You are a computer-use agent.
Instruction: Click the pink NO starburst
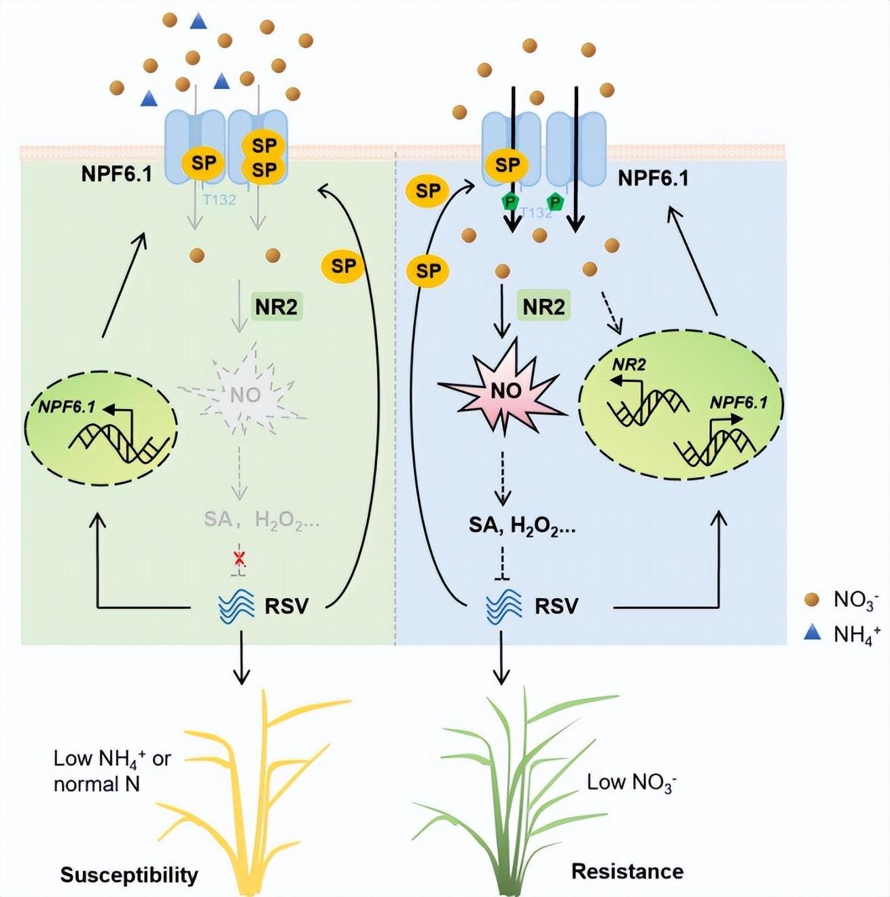point(505,391)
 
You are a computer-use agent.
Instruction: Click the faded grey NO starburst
point(245,394)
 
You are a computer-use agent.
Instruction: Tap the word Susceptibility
point(129,875)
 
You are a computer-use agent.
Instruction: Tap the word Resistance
point(627,871)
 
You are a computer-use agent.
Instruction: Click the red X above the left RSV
point(239,559)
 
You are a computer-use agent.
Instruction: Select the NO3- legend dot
point(811,599)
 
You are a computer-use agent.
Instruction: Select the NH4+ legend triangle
point(812,633)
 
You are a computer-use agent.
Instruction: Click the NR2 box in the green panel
point(276,307)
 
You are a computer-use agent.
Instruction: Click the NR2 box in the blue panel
point(544,307)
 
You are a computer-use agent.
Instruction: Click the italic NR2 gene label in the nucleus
point(629,365)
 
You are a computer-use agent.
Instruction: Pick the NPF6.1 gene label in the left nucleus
point(67,407)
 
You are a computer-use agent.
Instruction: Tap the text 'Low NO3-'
point(631,783)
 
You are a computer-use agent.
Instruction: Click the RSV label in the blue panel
point(556,605)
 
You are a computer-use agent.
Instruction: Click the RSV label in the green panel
point(286,605)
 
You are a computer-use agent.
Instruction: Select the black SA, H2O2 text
point(522,525)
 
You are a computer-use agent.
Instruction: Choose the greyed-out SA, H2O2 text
point(262,521)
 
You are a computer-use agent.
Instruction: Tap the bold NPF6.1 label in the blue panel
point(653,178)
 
